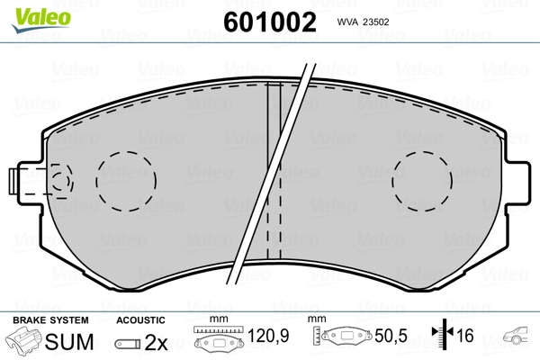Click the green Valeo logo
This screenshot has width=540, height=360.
(41, 20)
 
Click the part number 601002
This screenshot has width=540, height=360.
(270, 22)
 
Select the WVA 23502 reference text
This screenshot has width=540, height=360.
(363, 22)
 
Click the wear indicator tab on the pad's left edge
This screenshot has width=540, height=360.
(14, 181)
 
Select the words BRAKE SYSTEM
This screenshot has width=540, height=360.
(50, 320)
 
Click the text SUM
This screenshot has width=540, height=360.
(69, 342)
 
